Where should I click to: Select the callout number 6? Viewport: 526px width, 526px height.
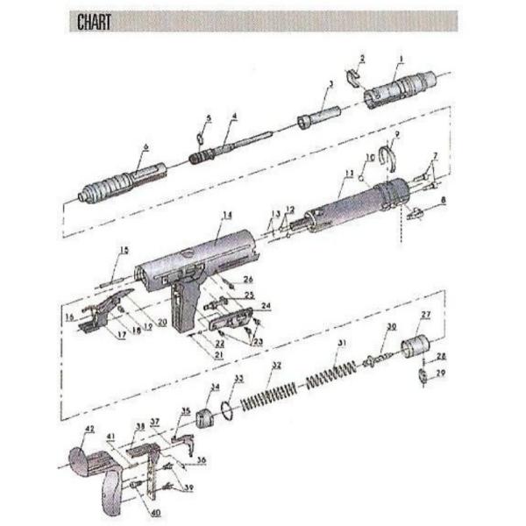146,147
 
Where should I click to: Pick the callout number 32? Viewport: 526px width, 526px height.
276,366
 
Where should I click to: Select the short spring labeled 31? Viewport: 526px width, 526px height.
331,370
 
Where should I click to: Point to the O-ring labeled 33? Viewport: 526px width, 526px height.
227,409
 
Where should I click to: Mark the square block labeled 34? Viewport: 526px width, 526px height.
205,416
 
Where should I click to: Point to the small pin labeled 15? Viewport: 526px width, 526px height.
110,281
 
